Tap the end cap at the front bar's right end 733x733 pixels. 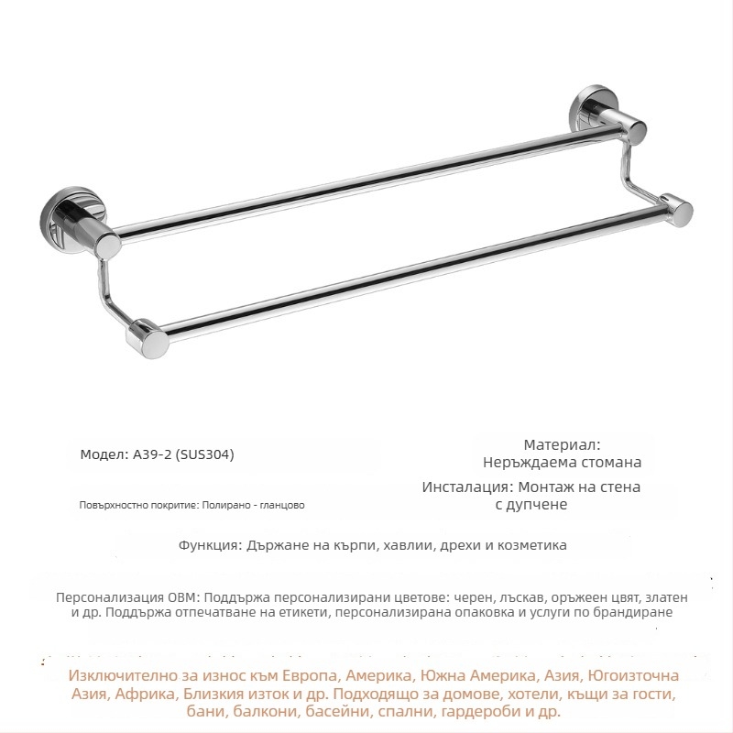click(x=678, y=208)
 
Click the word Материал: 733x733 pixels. click(x=561, y=444)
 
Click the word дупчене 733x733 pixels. click(x=540, y=504)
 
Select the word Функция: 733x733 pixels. click(x=210, y=545)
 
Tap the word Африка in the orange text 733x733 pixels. click(x=142, y=694)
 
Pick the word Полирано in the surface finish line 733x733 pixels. click(x=230, y=505)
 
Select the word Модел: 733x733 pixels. click(x=100, y=454)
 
